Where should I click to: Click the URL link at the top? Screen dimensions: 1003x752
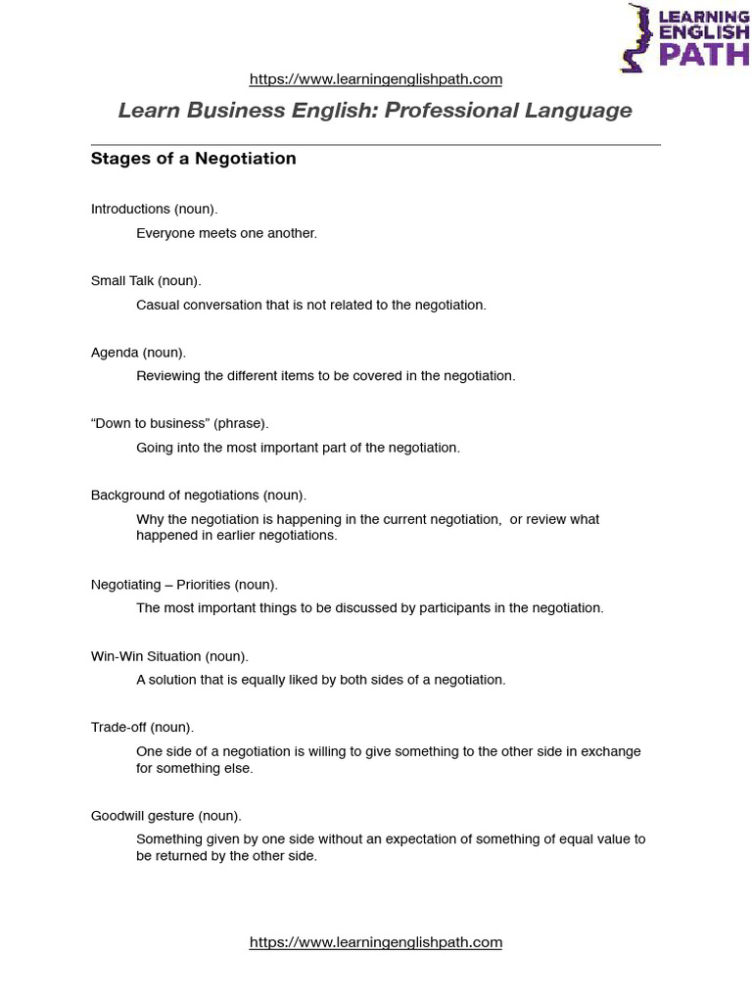pyautogui.click(x=376, y=79)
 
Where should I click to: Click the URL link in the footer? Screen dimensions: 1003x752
pyautogui.click(x=376, y=942)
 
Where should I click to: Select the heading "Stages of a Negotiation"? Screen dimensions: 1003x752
pyautogui.click(x=193, y=159)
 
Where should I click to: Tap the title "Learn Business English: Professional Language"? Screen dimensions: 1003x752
pyautogui.click(x=375, y=111)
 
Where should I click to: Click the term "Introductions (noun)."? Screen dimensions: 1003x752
pyautogui.click(x=154, y=209)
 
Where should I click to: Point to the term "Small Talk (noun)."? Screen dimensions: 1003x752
pyautogui.click(x=146, y=281)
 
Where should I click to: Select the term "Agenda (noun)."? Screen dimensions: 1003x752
pyautogui.click(x=138, y=353)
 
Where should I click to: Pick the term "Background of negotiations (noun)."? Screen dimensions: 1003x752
pyautogui.click(x=199, y=496)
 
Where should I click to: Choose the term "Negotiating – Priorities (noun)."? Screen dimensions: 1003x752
pyautogui.click(x=184, y=585)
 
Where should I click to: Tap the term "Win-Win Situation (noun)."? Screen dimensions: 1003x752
pyautogui.click(x=169, y=656)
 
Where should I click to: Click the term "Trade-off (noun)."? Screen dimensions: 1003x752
pyautogui.click(x=142, y=728)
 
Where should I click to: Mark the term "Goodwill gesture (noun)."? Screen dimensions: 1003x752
pyautogui.click(x=165, y=816)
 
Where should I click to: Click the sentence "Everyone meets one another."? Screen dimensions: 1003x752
pyautogui.click(x=226, y=233)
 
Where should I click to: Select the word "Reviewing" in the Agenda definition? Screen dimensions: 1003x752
pyautogui.click(x=167, y=376)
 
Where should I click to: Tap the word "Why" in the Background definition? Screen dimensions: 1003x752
pyautogui.click(x=149, y=519)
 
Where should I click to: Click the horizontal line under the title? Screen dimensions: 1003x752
pyautogui.click(x=375, y=145)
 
